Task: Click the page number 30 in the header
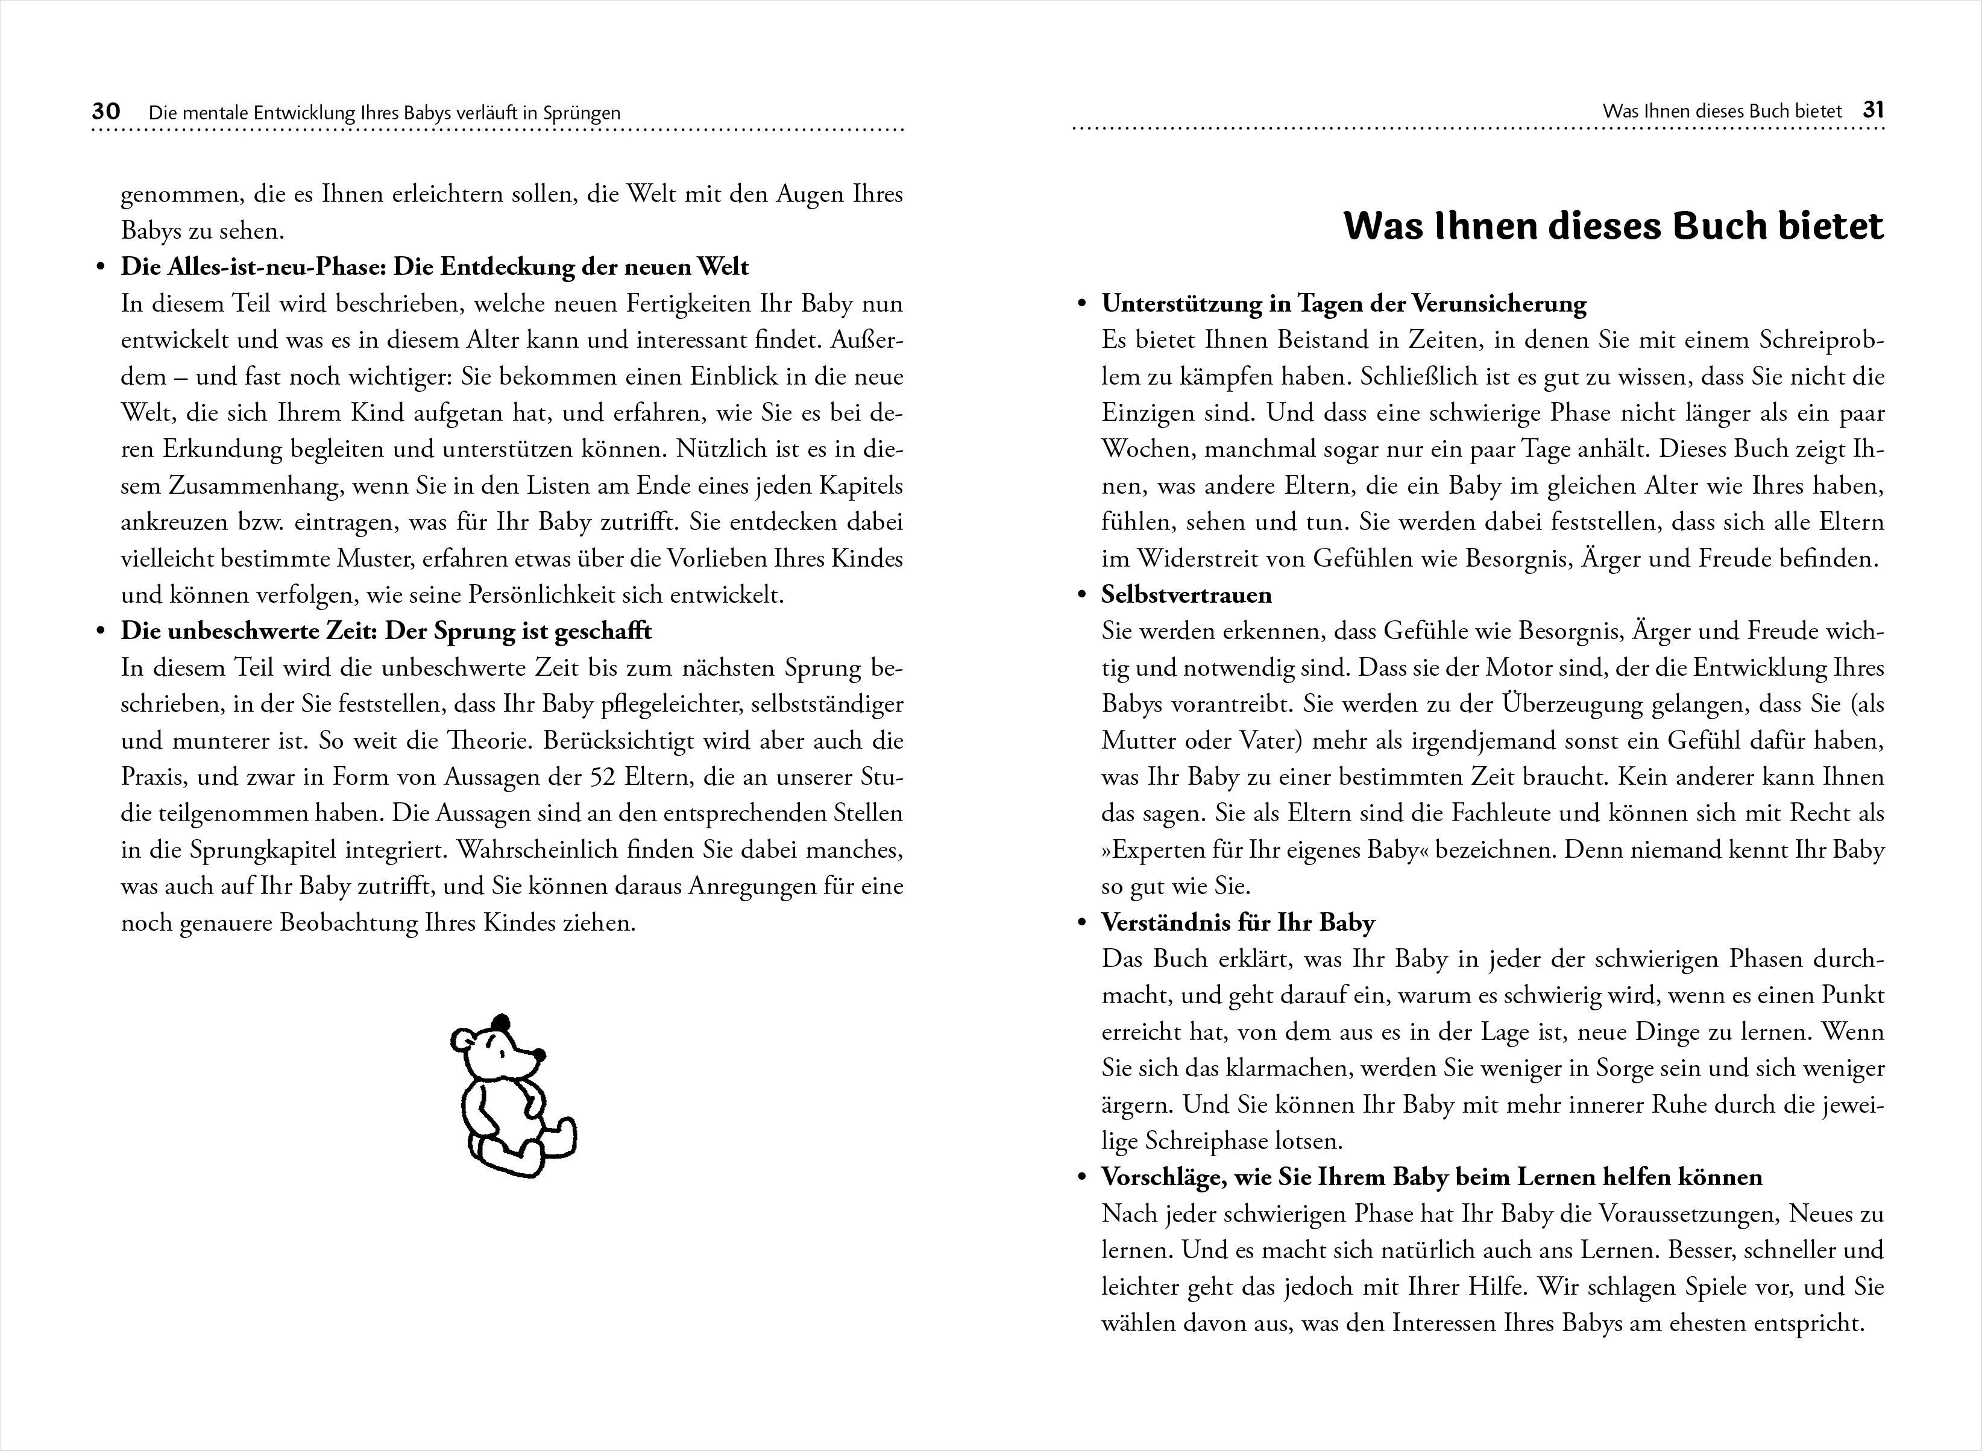[x=105, y=112]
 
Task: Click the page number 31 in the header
[x=1873, y=111]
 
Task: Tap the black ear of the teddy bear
[x=500, y=1023]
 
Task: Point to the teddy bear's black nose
[x=539, y=1055]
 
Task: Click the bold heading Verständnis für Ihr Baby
[x=1238, y=922]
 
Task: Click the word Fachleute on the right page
[x=1501, y=813]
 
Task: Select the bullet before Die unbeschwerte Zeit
[x=101, y=632]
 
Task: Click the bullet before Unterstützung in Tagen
[x=1082, y=304]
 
